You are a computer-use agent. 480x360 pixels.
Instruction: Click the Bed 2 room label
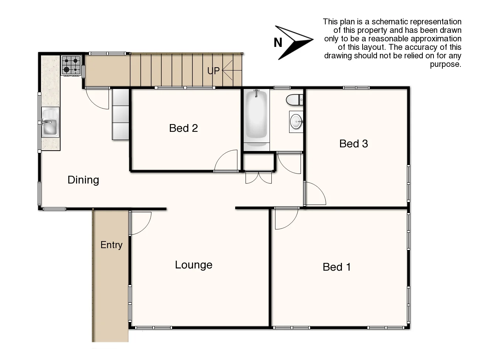click(x=184, y=128)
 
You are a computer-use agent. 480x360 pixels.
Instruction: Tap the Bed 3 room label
click(x=353, y=144)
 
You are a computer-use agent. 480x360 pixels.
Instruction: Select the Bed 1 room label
click(x=336, y=267)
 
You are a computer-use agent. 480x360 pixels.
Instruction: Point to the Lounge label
click(x=193, y=265)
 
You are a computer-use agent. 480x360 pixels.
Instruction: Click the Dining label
click(x=83, y=180)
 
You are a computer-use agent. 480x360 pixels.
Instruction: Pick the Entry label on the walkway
click(x=111, y=245)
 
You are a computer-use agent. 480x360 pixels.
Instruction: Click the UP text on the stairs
click(x=213, y=71)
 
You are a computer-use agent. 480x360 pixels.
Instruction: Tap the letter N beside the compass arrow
click(x=278, y=43)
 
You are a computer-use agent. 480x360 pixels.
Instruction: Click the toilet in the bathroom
click(x=294, y=100)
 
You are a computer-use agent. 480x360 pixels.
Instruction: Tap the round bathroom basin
click(x=296, y=121)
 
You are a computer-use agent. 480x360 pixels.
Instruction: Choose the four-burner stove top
click(x=71, y=65)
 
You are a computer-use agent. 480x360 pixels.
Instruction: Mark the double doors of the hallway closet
click(x=259, y=177)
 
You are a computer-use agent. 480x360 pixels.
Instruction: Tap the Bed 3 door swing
click(x=314, y=194)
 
